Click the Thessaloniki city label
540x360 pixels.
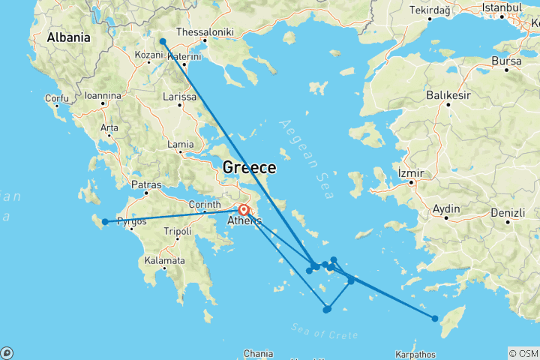click(205, 32)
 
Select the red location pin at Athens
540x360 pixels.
click(244, 209)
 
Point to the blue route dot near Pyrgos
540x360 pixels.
click(105, 221)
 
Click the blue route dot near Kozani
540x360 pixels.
click(163, 41)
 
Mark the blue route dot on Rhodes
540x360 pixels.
click(435, 318)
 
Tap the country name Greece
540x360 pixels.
click(249, 168)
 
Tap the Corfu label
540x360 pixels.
click(56, 97)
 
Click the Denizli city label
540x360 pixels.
click(508, 213)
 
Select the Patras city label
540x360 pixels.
click(147, 184)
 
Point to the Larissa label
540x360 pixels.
click(179, 97)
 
